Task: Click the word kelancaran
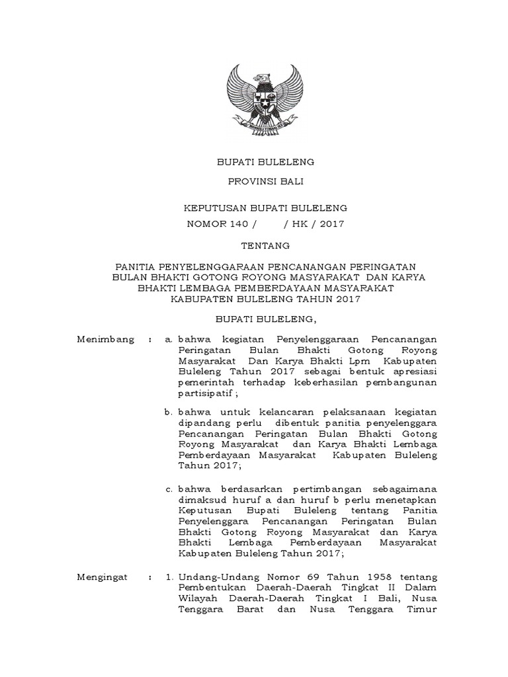258,411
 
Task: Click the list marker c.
169,489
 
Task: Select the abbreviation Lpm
371,360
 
